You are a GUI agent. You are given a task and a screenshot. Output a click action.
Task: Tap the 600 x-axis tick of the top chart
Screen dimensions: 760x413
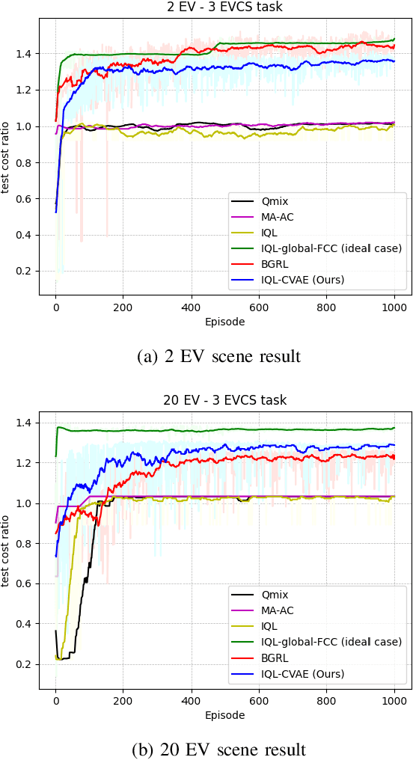click(259, 307)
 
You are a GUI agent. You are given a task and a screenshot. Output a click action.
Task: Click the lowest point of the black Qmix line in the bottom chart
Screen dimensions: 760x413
click(61, 659)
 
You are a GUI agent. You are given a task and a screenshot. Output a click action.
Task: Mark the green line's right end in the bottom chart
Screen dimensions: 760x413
click(394, 428)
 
